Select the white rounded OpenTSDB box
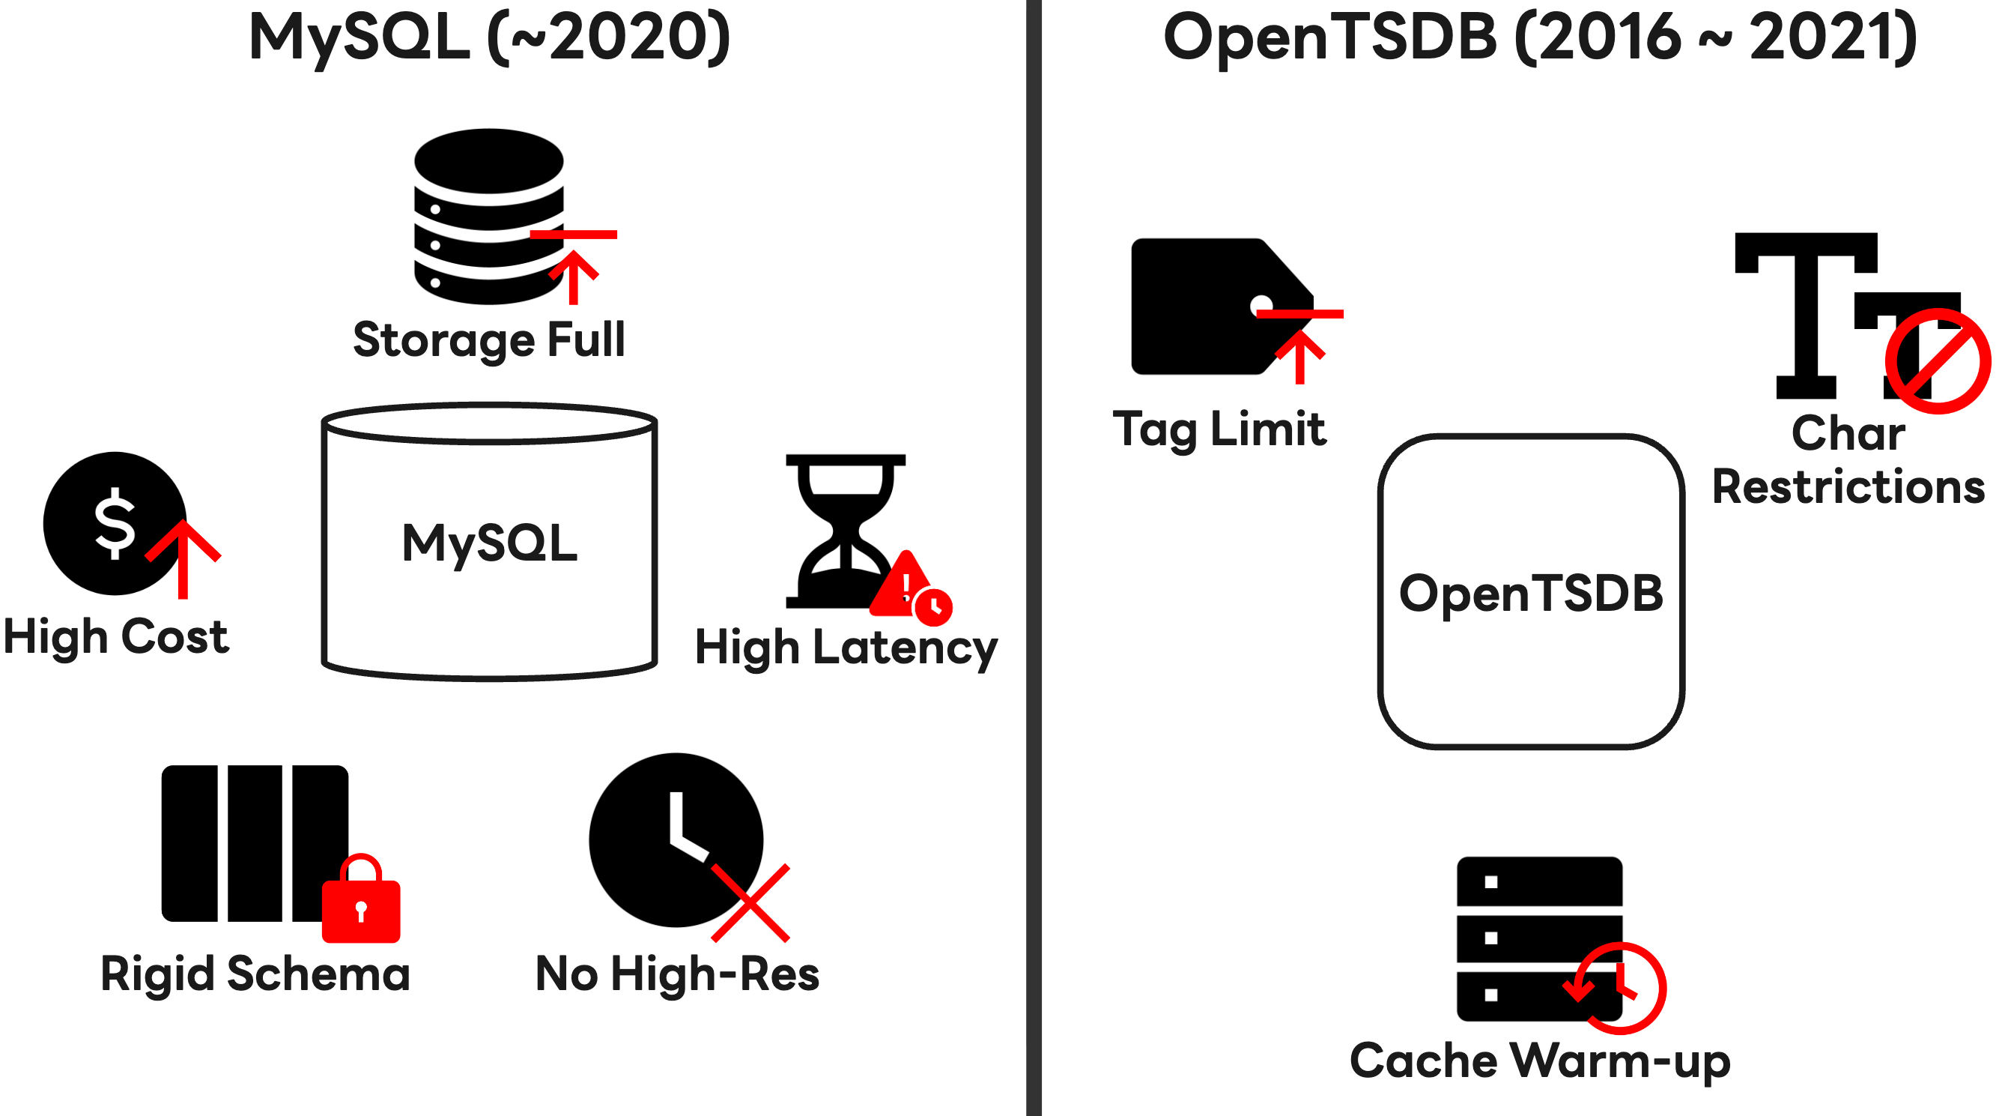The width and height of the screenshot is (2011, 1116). point(1531,592)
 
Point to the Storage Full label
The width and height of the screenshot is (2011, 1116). point(490,340)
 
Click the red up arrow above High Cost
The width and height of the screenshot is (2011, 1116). point(183,559)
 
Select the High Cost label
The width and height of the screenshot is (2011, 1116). point(115,636)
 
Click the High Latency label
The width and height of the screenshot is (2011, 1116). point(846,648)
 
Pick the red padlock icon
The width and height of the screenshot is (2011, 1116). point(361,902)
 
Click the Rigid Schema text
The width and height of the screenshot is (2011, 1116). point(255,974)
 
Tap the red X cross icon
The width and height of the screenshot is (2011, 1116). point(750,903)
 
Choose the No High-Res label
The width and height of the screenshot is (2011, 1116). point(677,974)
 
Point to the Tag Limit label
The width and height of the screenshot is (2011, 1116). point(1219,429)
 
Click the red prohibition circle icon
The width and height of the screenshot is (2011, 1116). point(1938,361)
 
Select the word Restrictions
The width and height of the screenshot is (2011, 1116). point(1848,486)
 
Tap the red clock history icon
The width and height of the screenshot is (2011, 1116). point(1616,989)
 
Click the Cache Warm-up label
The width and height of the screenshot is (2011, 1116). point(1539,1061)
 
